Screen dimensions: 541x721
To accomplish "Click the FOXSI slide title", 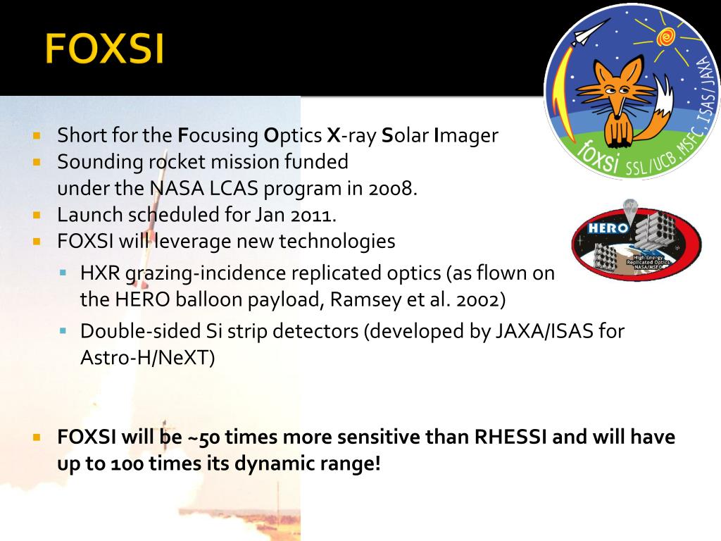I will coord(104,50).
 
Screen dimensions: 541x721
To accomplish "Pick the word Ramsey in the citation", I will coord(360,299).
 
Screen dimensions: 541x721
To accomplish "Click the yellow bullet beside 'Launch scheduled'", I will coord(38,214).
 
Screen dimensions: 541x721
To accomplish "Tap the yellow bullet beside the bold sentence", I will coord(38,437).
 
